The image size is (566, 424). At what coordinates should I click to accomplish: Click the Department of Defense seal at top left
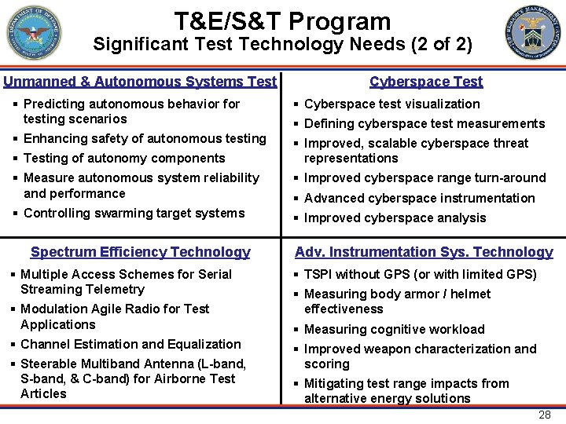click(32, 33)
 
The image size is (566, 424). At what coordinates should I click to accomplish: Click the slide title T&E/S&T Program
click(282, 20)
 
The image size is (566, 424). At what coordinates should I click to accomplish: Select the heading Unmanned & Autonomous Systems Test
click(140, 81)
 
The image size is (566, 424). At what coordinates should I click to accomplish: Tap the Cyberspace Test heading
click(426, 81)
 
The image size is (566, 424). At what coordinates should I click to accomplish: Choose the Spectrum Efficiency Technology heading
click(140, 252)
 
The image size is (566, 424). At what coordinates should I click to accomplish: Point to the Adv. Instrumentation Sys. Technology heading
click(424, 252)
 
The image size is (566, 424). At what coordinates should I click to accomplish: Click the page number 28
click(544, 415)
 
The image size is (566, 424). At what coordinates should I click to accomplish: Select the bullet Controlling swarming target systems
click(134, 213)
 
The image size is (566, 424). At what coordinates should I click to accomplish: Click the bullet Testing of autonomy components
click(124, 158)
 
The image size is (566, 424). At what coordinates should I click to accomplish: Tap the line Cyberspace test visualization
click(391, 104)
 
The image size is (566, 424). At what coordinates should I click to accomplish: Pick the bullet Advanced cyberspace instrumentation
click(419, 198)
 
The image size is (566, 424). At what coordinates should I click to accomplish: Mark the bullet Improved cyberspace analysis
click(395, 217)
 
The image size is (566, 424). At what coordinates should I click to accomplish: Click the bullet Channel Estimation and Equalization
click(130, 344)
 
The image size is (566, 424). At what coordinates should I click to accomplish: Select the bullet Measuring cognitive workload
click(394, 329)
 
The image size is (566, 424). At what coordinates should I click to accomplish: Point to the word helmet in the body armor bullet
click(470, 294)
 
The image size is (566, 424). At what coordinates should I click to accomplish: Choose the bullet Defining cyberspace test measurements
click(424, 123)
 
